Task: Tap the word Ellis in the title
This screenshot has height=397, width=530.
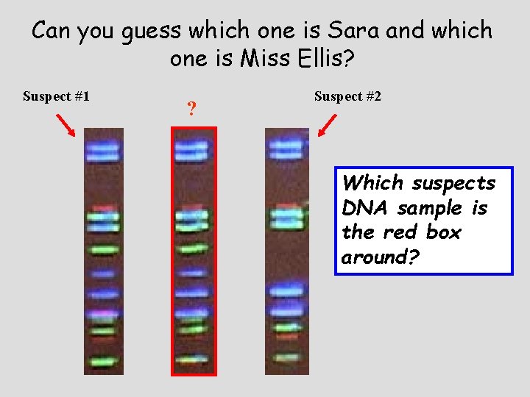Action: (310, 58)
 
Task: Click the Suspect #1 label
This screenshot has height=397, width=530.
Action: (56, 96)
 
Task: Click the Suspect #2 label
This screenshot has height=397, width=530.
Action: (347, 96)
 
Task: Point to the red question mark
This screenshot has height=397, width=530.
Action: (191, 110)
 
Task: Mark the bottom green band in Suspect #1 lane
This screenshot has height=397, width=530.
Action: (103, 362)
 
